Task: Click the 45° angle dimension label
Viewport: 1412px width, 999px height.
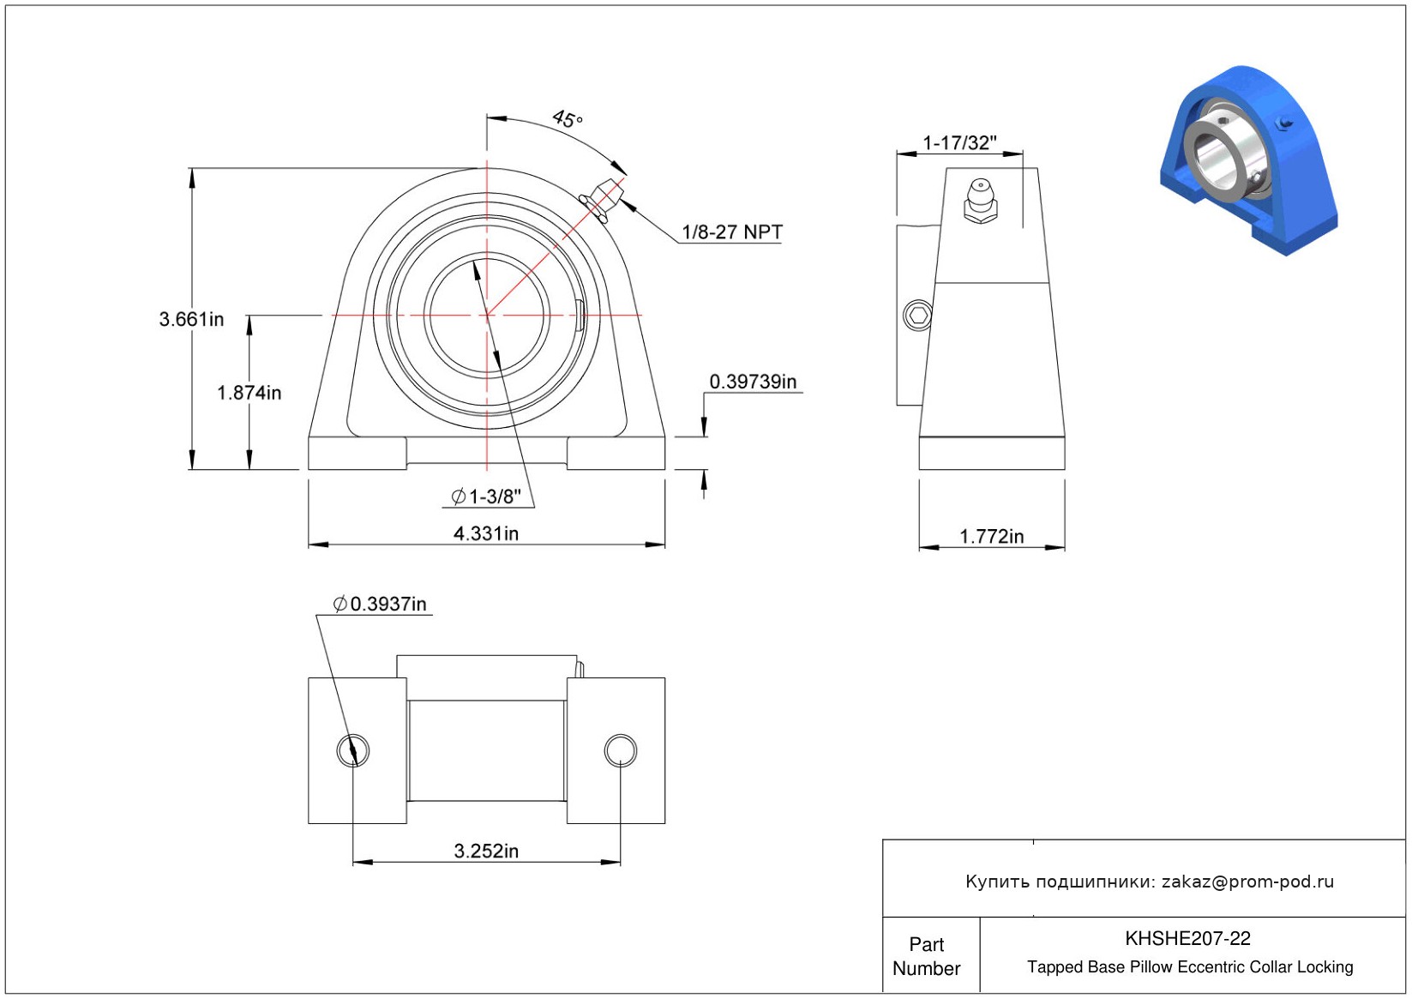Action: (568, 118)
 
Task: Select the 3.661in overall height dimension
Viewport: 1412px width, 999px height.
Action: (191, 319)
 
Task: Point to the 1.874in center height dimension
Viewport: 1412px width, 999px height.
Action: (249, 393)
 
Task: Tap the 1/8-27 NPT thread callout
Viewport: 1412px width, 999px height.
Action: (732, 232)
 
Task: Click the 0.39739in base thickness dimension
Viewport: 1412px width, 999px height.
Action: (754, 382)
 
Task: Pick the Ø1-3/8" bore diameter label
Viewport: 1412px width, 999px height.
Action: (486, 496)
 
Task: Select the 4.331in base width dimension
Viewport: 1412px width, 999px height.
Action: (486, 533)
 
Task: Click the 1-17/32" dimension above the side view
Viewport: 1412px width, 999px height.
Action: (960, 143)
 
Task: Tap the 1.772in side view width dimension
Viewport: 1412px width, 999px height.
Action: (992, 537)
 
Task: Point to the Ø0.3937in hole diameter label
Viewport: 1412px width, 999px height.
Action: (380, 605)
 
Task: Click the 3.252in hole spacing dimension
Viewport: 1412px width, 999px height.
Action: (486, 852)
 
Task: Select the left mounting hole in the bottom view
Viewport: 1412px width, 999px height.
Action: (353, 750)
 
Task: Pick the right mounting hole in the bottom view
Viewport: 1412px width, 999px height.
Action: (621, 750)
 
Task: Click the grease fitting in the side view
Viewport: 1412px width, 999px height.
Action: (980, 202)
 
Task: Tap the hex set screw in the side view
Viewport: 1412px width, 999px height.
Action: (918, 316)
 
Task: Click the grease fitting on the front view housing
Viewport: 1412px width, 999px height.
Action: (602, 199)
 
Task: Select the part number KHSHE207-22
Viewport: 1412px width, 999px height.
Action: (1187, 938)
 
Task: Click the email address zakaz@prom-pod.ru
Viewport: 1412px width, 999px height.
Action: (1247, 881)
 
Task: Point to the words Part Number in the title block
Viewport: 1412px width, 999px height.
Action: (926, 956)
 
